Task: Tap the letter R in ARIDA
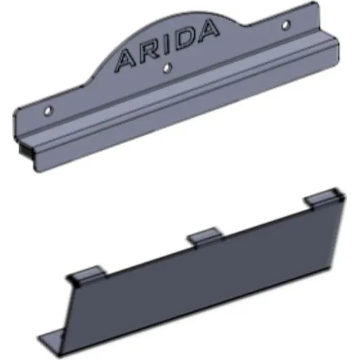150,53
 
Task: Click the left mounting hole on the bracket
48,110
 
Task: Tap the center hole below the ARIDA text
167,68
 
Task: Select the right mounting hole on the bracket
285,25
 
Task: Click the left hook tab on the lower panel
86,274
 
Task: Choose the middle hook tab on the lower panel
205,236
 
